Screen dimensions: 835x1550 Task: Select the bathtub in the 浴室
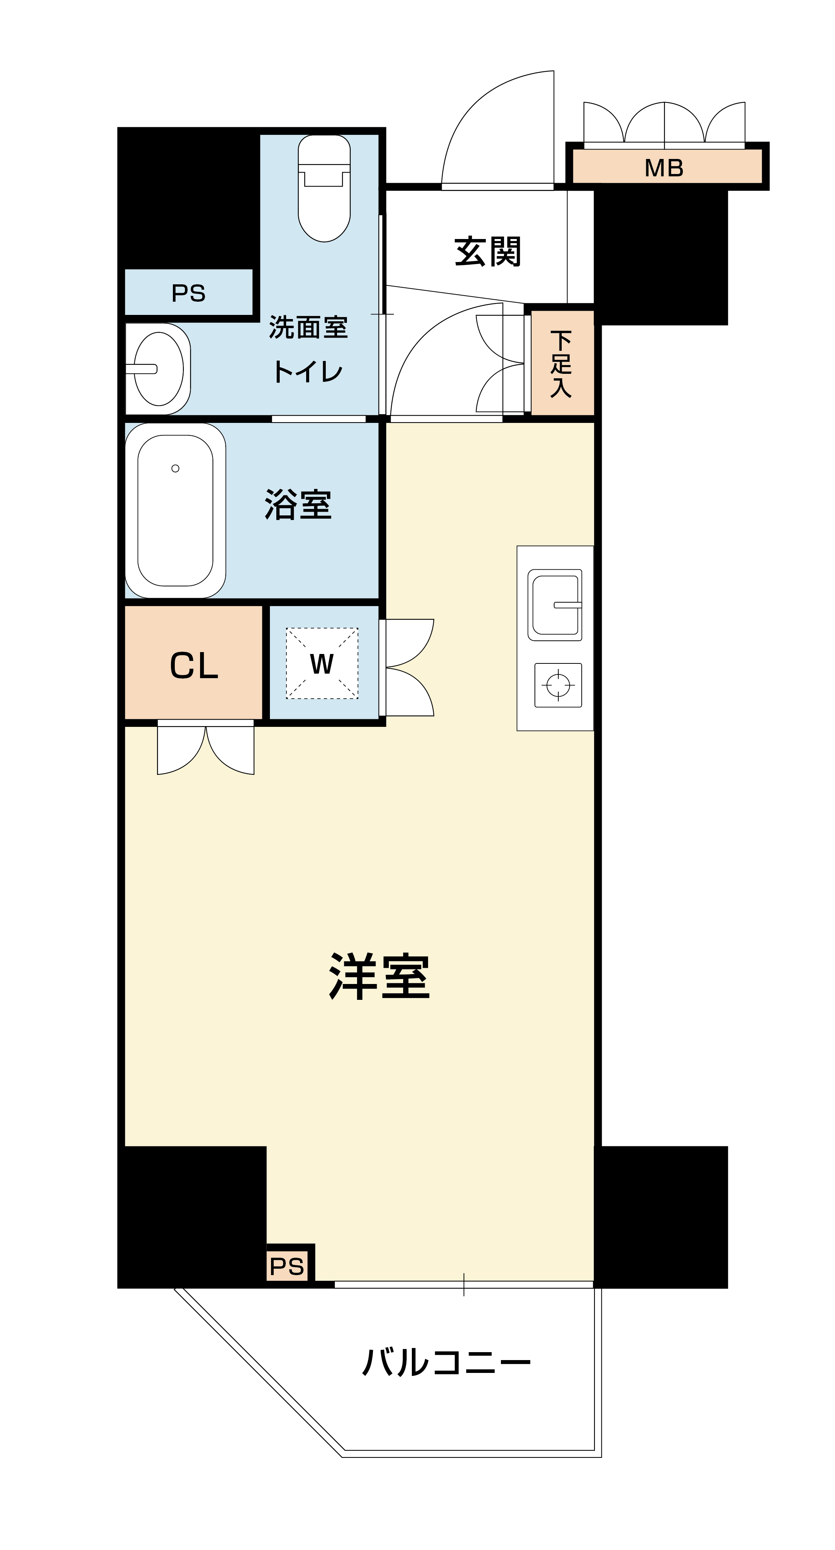point(175,510)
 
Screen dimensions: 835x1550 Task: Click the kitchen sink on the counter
point(555,605)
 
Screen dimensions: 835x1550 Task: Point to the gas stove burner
point(558,685)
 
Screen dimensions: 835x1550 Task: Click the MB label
point(664,168)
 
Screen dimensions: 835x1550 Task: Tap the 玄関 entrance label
point(487,251)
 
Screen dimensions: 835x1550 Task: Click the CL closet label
point(194,665)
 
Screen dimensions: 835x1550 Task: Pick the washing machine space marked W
point(322,663)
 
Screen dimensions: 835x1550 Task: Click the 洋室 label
point(380,976)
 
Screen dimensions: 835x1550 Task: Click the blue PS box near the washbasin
point(189,292)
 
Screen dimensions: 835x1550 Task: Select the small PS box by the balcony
point(288,1266)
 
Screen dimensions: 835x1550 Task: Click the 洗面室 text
point(308,327)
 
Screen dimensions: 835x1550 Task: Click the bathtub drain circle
point(175,468)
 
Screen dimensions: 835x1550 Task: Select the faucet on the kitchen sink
point(567,605)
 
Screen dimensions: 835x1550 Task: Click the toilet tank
point(324,150)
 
